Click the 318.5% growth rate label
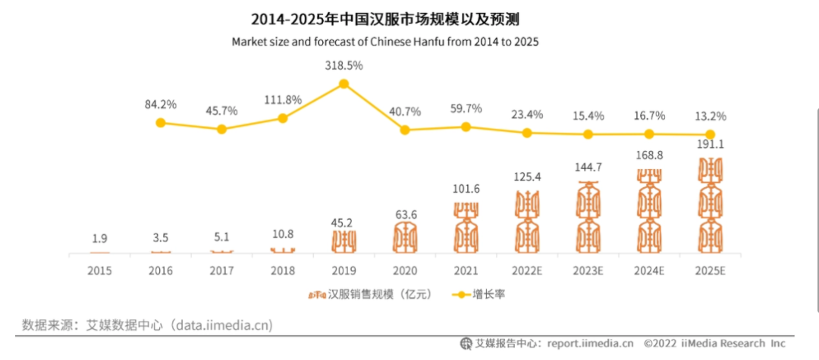(x=344, y=66)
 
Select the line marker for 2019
(x=344, y=84)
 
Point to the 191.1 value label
(x=710, y=144)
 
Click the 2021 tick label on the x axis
(x=466, y=270)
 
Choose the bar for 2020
(x=405, y=236)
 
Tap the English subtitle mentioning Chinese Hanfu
(x=384, y=41)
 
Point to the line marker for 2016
(x=160, y=122)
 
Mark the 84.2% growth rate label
(x=160, y=104)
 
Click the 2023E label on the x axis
(x=588, y=270)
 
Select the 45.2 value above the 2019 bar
(x=344, y=223)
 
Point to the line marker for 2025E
(x=710, y=135)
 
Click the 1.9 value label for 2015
(x=99, y=239)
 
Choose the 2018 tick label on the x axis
(x=282, y=270)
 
